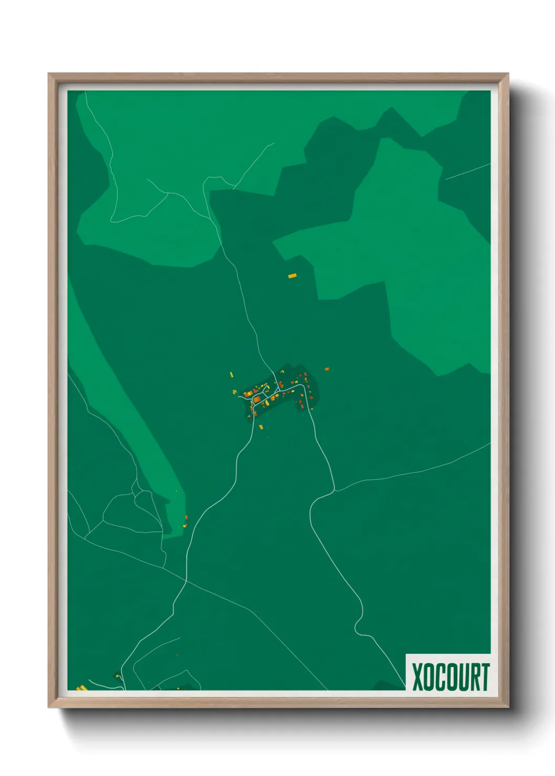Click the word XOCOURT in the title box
450,677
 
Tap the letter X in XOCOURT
418,677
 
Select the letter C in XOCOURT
440,677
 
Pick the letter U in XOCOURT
462,677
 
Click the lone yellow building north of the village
292,275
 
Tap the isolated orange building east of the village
326,369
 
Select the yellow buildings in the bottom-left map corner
81,687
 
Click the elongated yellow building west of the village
231,374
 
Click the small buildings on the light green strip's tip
186,519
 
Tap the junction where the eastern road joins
334,491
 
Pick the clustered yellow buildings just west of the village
234,391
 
